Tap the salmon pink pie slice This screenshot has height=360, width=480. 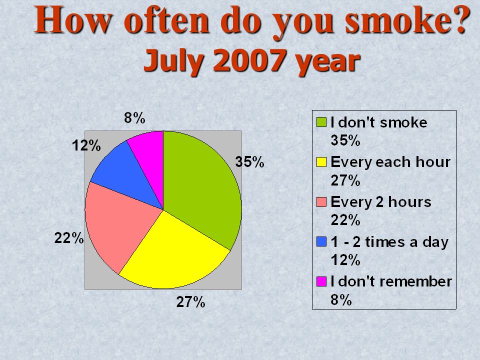119,223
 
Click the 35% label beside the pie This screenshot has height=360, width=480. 249,162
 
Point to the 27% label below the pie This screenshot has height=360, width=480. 190,302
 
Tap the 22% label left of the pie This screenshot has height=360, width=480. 69,238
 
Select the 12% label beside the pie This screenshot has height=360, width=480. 86,145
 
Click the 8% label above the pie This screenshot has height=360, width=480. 134,118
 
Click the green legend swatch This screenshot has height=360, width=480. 321,122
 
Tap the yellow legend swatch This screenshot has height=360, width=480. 321,162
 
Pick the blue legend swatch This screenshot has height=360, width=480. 321,241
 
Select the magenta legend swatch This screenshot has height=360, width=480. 321,281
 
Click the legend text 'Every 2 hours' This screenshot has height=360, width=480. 381,202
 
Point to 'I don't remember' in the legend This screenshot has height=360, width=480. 391,281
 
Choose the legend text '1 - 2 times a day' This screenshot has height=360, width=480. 389,242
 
